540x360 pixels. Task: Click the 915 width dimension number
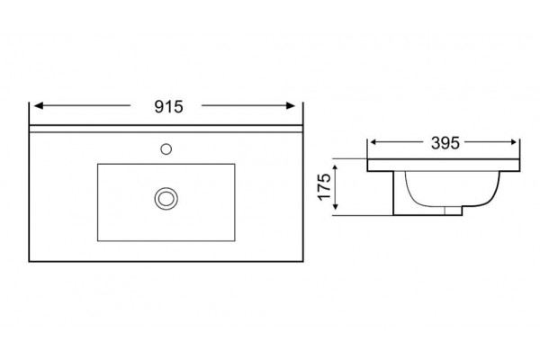tap(168, 107)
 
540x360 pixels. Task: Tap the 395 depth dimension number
tap(445, 143)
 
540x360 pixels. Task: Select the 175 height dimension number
tap(324, 186)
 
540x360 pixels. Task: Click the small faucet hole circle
tap(166, 149)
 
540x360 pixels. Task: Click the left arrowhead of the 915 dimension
tap(39, 105)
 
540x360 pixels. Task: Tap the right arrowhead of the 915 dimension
tap(291, 105)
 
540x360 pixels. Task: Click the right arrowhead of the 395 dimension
tap(513, 142)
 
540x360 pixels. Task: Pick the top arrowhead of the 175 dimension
tap(336, 169)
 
